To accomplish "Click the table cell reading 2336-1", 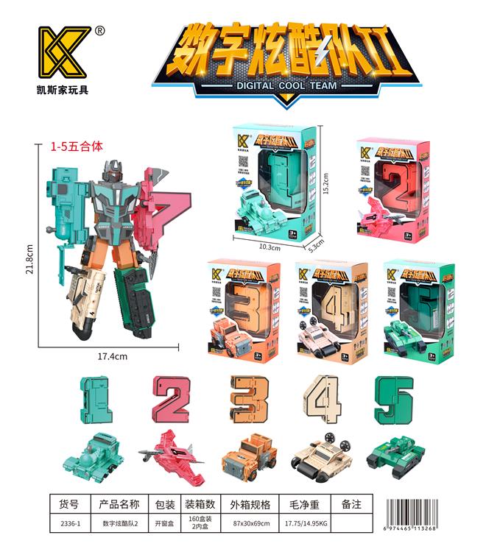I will (73, 523).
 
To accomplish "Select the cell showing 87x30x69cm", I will (250, 523).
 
